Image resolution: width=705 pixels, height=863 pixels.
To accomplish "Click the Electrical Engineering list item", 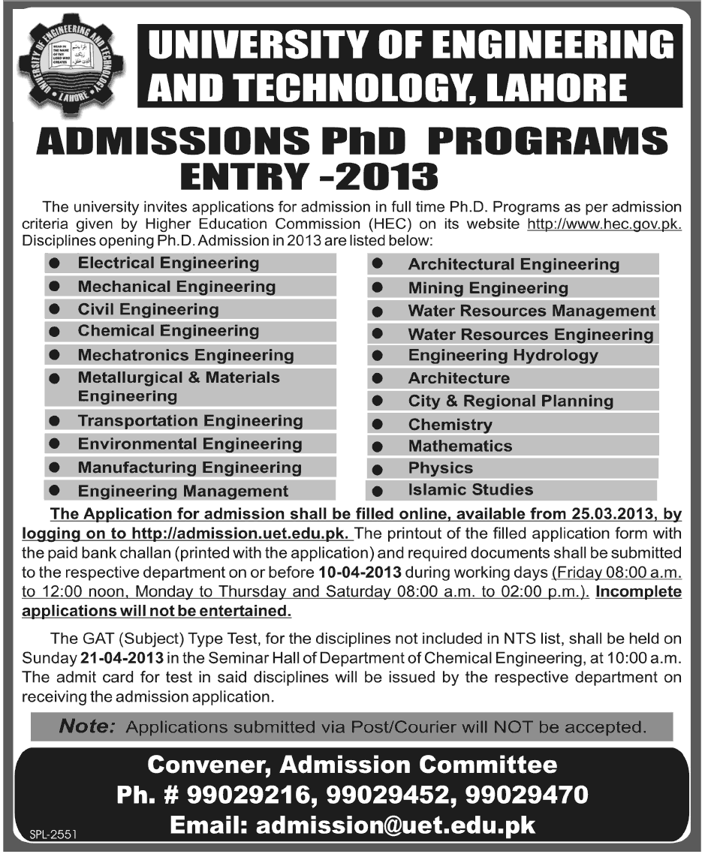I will tap(168, 263).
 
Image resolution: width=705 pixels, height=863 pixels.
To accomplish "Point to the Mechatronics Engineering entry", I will tap(185, 355).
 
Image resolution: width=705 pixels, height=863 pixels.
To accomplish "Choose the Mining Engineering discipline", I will tap(488, 288).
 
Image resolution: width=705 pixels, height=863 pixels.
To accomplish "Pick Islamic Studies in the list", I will tap(470, 490).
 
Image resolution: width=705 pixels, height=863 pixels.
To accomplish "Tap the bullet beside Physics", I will tap(378, 469).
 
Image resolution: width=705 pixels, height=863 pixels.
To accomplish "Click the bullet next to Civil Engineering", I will tap(54, 309).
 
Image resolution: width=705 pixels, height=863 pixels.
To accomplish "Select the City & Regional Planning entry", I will tap(511, 401).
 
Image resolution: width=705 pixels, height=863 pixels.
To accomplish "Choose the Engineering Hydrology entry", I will tap(503, 356).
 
